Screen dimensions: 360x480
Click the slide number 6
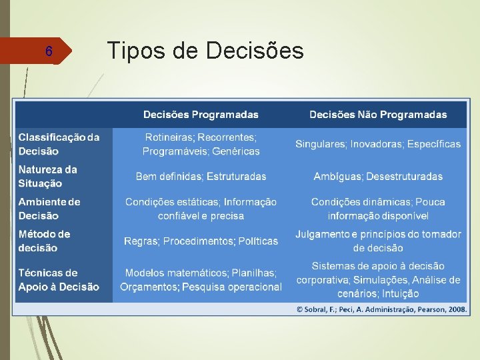coord(48,51)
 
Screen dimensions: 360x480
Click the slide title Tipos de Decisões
coord(205,50)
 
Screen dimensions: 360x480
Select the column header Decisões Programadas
coord(201,115)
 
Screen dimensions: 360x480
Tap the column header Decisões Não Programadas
coord(378,115)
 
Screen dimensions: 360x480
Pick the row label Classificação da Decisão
coord(59,144)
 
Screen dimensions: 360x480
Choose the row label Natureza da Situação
coord(48,176)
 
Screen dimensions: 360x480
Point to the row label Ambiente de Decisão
coord(49,209)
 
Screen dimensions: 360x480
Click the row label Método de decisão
coord(44,241)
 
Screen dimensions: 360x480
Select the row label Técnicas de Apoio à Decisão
coord(59,280)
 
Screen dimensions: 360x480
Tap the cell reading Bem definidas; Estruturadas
coord(201,177)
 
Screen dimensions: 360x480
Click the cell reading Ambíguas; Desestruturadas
coord(378,177)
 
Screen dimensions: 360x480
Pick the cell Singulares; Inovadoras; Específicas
coord(378,144)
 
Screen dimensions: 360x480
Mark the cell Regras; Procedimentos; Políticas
coord(201,241)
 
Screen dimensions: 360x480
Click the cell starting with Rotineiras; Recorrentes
coord(201,144)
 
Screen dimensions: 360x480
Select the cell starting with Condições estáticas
coord(201,209)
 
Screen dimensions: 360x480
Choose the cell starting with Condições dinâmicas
coord(378,209)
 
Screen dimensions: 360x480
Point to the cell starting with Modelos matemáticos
coord(201,280)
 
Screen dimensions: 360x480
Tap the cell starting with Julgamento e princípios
coord(378,241)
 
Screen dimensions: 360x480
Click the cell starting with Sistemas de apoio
coord(378,280)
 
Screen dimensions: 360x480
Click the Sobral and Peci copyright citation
coord(382,309)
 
